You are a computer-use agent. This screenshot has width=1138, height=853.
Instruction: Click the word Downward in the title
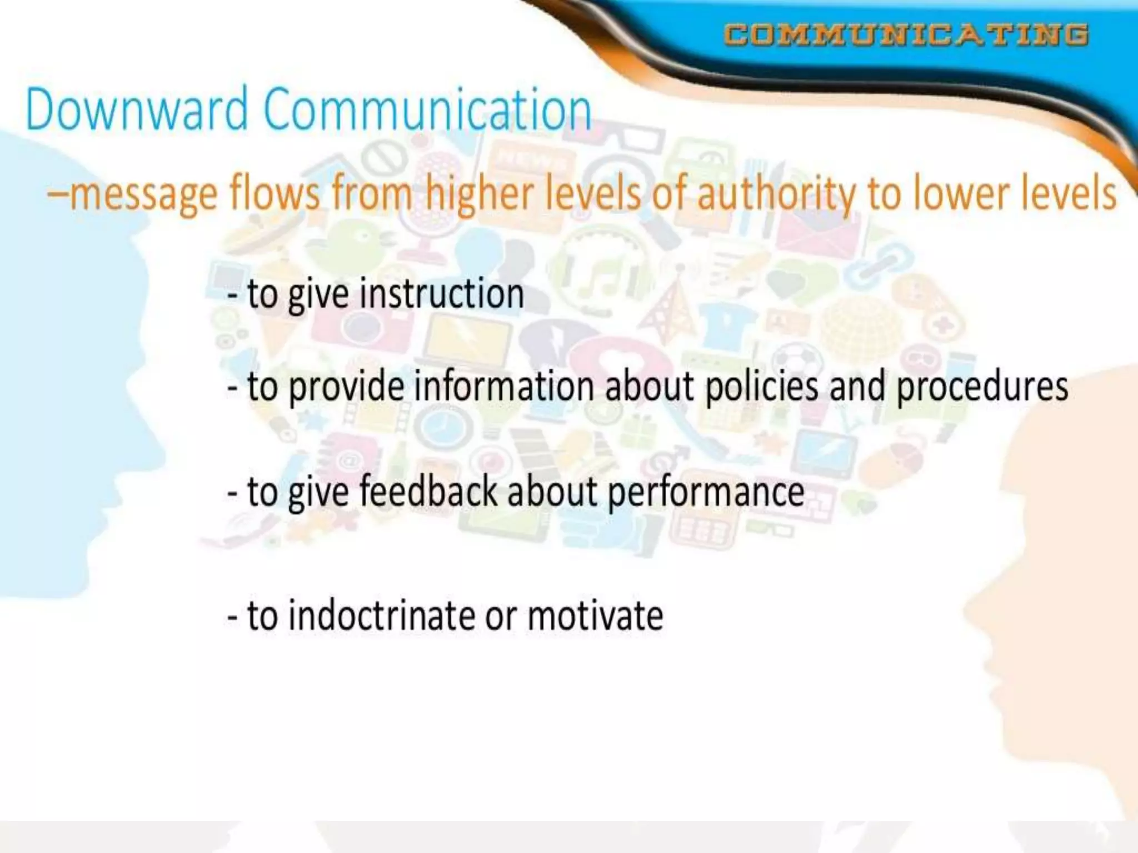(137, 109)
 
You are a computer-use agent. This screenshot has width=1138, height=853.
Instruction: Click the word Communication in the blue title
(427, 109)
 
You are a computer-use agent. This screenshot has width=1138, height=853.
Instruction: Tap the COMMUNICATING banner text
(906, 34)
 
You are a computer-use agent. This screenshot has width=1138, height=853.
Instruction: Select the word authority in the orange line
(776, 194)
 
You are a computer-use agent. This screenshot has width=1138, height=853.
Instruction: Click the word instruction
(442, 294)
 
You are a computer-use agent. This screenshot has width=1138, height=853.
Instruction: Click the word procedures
(982, 387)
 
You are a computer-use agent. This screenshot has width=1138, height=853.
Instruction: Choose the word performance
(706, 493)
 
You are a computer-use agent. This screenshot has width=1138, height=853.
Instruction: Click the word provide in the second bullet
(347, 387)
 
